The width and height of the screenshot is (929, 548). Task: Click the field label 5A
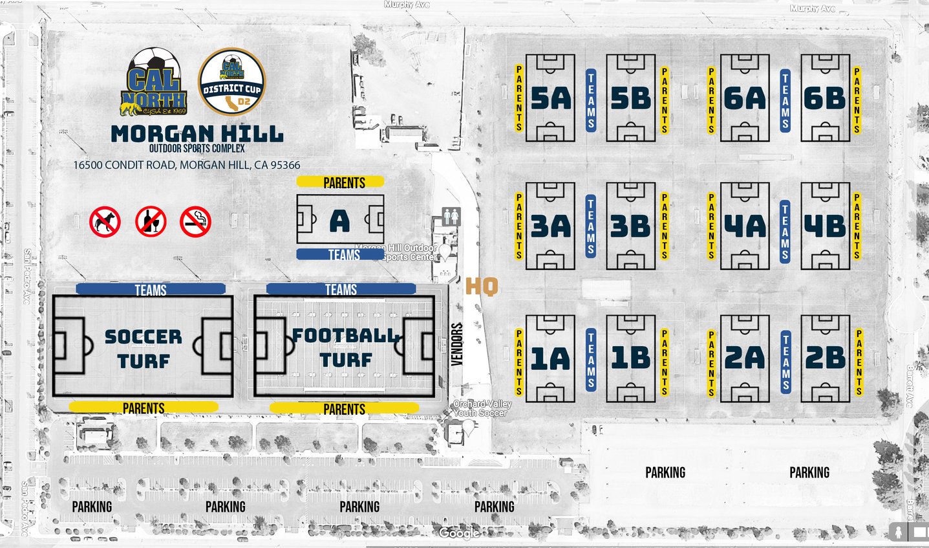click(x=551, y=98)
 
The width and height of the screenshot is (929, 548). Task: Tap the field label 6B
click(x=824, y=98)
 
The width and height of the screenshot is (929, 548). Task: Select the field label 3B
click(x=630, y=226)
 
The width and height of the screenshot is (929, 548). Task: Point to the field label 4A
click(x=745, y=226)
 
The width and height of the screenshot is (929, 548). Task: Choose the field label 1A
click(x=550, y=358)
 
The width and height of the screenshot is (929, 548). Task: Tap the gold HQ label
click(x=482, y=286)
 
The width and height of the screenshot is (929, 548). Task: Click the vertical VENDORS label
click(x=457, y=344)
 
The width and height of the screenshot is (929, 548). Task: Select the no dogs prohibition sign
click(x=105, y=221)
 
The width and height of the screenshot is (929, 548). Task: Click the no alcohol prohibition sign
click(x=151, y=221)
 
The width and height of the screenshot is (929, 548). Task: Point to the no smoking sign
click(x=195, y=221)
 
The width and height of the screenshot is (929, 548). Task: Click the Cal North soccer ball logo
click(x=154, y=83)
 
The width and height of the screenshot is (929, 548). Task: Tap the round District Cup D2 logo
click(x=231, y=82)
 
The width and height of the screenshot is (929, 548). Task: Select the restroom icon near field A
click(x=451, y=217)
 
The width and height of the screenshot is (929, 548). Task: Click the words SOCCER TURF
click(x=144, y=349)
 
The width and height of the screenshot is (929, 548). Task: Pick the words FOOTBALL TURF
click(x=346, y=347)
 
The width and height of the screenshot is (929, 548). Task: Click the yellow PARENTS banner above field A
click(x=341, y=182)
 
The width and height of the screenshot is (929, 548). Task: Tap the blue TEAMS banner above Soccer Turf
click(x=151, y=289)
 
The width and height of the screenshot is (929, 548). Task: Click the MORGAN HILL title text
click(x=197, y=134)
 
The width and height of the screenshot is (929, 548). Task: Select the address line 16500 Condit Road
click(x=186, y=165)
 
